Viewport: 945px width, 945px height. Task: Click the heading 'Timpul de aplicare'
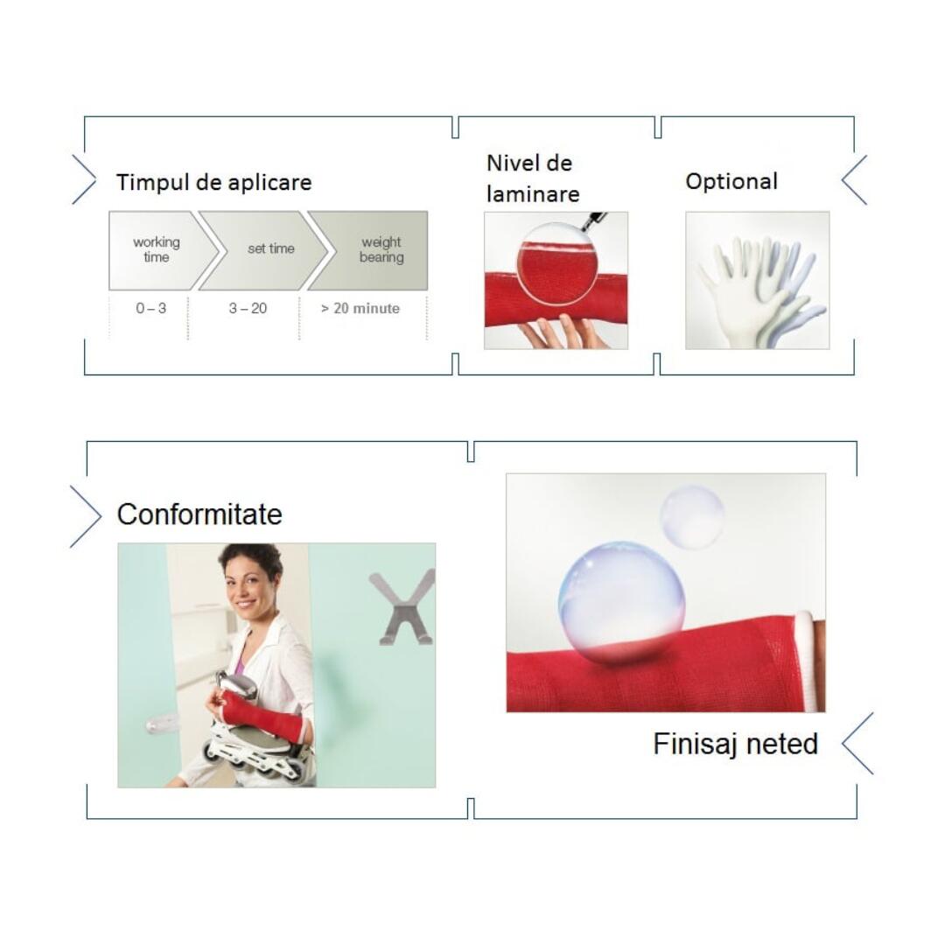pyautogui.click(x=214, y=182)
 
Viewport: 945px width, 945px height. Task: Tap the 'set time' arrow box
pyautogui.click(x=265, y=250)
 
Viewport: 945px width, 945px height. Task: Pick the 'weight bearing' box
pyautogui.click(x=373, y=250)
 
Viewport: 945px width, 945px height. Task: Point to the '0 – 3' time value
pyautogui.click(x=150, y=309)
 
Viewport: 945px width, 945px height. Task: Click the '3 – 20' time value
pyautogui.click(x=248, y=309)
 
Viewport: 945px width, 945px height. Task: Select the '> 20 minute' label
pyautogui.click(x=360, y=309)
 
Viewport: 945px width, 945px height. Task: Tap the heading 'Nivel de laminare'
pyautogui.click(x=533, y=178)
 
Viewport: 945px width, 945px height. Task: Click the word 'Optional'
pyautogui.click(x=731, y=181)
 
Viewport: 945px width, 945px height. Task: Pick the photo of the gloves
pyautogui.click(x=758, y=280)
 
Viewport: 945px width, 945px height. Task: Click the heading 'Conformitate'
pyautogui.click(x=199, y=514)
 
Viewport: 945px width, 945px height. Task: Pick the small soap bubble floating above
pyautogui.click(x=692, y=518)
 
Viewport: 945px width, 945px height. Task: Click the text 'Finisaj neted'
pyautogui.click(x=735, y=744)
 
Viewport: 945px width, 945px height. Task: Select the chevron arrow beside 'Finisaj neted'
pyautogui.click(x=857, y=744)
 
